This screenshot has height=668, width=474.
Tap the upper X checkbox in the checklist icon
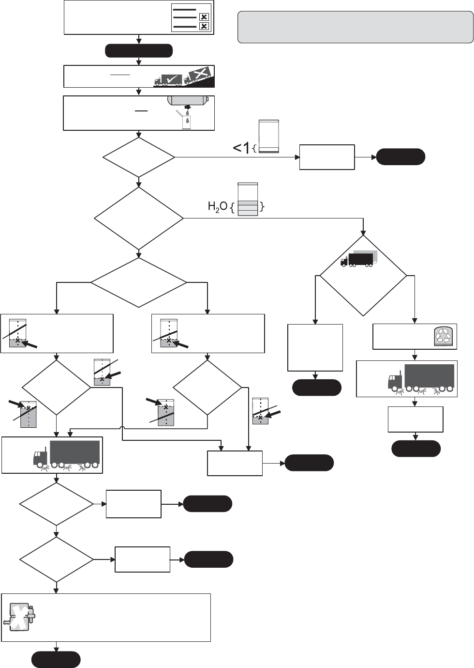(204, 16)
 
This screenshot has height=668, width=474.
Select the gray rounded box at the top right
(355, 28)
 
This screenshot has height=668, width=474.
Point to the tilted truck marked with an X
(197, 76)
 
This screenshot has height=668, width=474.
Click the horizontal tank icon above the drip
(188, 100)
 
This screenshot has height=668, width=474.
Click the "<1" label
(242, 148)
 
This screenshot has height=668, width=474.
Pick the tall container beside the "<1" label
(269, 137)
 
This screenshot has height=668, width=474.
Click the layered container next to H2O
(248, 199)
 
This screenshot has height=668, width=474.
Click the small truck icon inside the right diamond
(358, 258)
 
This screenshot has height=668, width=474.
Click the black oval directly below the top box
(139, 50)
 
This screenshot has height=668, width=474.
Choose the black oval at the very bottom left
(56, 660)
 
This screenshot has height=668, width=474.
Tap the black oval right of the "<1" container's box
(400, 157)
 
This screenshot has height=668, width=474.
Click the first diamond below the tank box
(139, 157)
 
